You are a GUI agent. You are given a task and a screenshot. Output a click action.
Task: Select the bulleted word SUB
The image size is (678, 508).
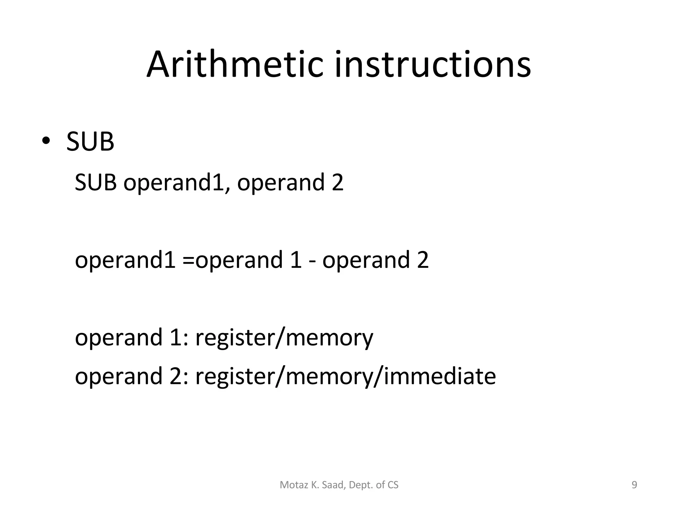[90, 142]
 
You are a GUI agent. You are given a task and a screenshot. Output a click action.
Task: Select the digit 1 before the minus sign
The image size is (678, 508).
[296, 260]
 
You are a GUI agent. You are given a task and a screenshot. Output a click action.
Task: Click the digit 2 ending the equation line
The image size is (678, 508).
[422, 260]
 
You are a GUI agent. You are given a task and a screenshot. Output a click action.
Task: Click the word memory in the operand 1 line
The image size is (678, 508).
[329, 338]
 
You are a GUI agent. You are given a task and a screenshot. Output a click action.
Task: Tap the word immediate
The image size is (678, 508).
[440, 376]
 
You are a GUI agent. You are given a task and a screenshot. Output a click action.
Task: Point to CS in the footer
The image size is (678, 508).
[393, 485]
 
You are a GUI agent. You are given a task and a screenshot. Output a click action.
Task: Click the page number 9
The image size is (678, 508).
[634, 485]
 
